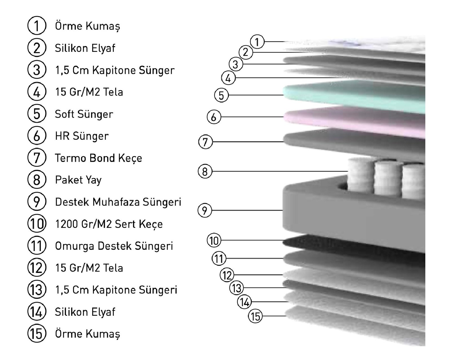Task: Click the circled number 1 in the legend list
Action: pyautogui.click(x=37, y=26)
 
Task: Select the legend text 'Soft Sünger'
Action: pyautogui.click(x=84, y=114)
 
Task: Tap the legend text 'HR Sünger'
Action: pyautogui.click(x=81, y=136)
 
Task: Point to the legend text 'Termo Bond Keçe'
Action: pyautogui.click(x=98, y=158)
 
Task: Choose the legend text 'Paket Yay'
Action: pyautogui.click(x=78, y=180)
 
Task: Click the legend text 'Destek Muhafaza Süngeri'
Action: pyautogui.click(x=118, y=202)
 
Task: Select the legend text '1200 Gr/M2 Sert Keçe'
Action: pyautogui.click(x=109, y=224)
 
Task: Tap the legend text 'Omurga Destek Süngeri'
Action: pyautogui.click(x=114, y=246)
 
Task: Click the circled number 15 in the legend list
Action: pyautogui.click(x=37, y=334)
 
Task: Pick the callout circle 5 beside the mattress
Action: pyautogui.click(x=221, y=95)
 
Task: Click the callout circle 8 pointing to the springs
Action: pyautogui.click(x=205, y=171)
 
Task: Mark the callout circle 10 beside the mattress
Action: pyautogui.click(x=214, y=241)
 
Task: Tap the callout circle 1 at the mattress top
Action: pyautogui.click(x=257, y=42)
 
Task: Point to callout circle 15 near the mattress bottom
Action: pyautogui.click(x=255, y=316)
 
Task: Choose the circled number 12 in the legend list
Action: pyautogui.click(x=37, y=268)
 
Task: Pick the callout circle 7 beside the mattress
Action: pyautogui.click(x=205, y=142)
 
